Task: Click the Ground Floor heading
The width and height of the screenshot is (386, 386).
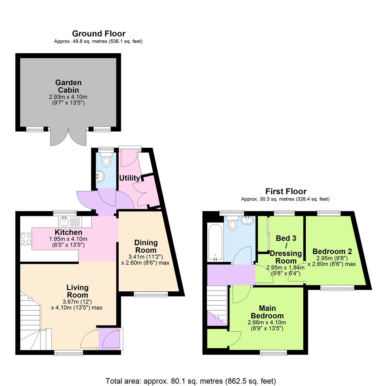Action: coord(99,34)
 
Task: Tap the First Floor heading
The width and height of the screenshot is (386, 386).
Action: coord(286,191)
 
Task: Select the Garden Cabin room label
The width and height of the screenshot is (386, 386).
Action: coord(68,86)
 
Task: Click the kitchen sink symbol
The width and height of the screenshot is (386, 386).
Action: coord(65,221)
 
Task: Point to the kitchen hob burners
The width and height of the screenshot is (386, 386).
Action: coord(26,239)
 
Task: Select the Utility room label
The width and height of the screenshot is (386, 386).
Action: coord(129,178)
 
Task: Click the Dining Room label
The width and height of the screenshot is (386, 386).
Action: coord(146,246)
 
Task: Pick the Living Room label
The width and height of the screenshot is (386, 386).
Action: coord(78,291)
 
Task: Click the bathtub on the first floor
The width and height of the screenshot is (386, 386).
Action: coord(215,243)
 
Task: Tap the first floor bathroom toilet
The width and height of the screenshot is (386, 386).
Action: coord(233,223)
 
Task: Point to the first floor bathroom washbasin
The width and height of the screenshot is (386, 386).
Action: coord(247,220)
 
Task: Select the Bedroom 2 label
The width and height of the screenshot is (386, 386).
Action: coord(329,251)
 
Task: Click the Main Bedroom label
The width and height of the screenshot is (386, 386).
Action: coord(267,312)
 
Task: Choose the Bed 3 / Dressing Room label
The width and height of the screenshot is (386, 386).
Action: coord(286,249)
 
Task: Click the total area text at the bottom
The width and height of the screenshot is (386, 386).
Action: coord(190,381)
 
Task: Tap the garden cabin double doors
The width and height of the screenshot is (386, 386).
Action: coord(68,137)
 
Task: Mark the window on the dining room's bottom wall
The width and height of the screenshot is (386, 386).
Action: coord(151,295)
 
